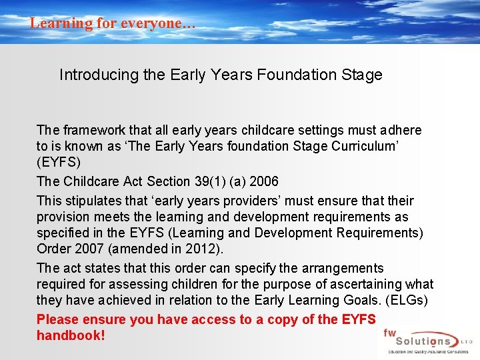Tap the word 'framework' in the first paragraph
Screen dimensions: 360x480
pos(93,130)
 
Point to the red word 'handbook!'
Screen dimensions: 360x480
pos(71,335)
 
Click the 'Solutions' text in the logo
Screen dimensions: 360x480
pos(427,341)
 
